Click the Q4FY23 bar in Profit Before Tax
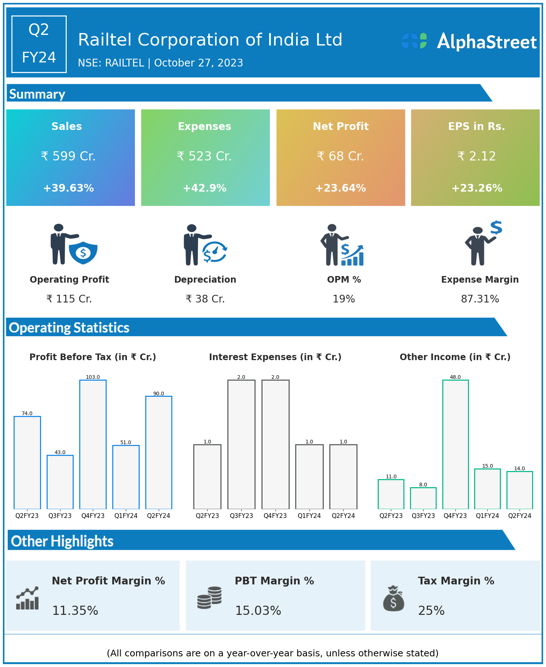tap(93, 444)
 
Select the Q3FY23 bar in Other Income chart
tap(423, 498)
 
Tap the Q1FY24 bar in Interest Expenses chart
tap(309, 476)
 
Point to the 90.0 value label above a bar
tap(158, 394)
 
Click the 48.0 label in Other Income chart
tap(455, 377)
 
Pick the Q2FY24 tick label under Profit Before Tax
tap(158, 516)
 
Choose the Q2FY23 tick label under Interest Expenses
tap(207, 516)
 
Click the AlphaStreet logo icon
tap(414, 41)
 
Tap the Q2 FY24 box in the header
tap(39, 44)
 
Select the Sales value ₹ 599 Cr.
tap(68, 156)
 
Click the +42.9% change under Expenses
tap(205, 188)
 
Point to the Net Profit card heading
tap(341, 126)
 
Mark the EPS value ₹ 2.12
tap(477, 156)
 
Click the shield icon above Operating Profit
tap(83, 253)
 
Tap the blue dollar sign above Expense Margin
tap(496, 228)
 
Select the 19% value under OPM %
tap(344, 299)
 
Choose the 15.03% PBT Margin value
tap(258, 611)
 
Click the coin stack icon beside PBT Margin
tap(209, 598)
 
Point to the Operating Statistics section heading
tap(69, 327)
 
